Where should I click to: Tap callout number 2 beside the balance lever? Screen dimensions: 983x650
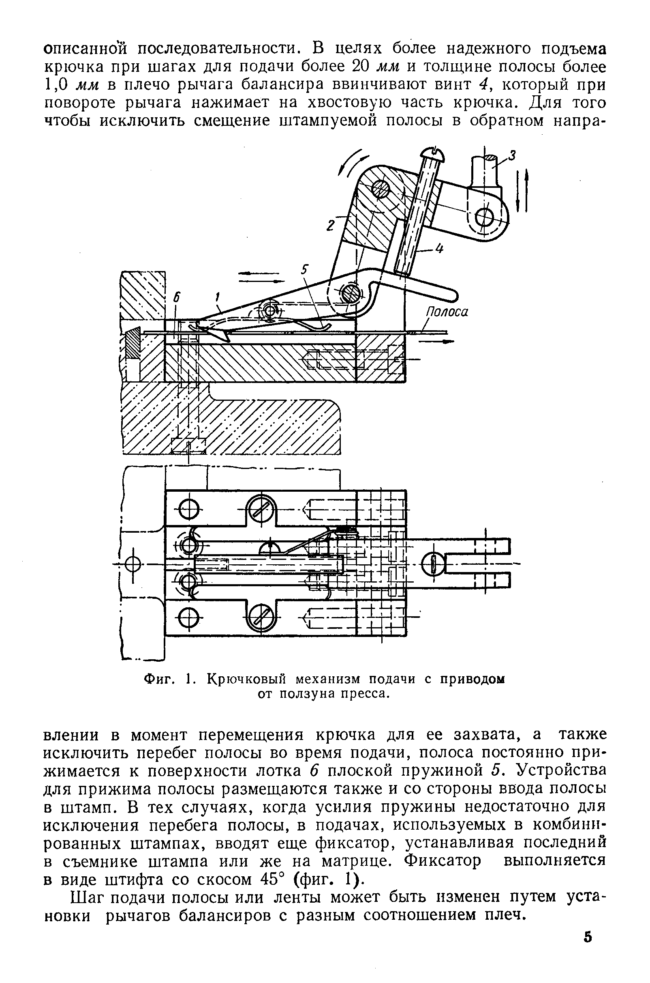point(330,226)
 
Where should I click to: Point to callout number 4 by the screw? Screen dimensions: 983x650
point(439,250)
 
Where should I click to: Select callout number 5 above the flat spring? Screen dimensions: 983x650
point(305,270)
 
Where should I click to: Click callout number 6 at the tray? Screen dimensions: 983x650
point(177,297)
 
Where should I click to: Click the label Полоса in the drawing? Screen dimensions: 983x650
point(447,312)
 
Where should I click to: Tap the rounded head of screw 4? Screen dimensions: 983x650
point(432,154)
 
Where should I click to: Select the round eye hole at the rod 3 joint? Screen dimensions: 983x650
point(483,216)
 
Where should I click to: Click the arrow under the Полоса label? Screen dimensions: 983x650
point(435,342)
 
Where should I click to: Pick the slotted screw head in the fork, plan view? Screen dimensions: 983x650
point(433,564)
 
